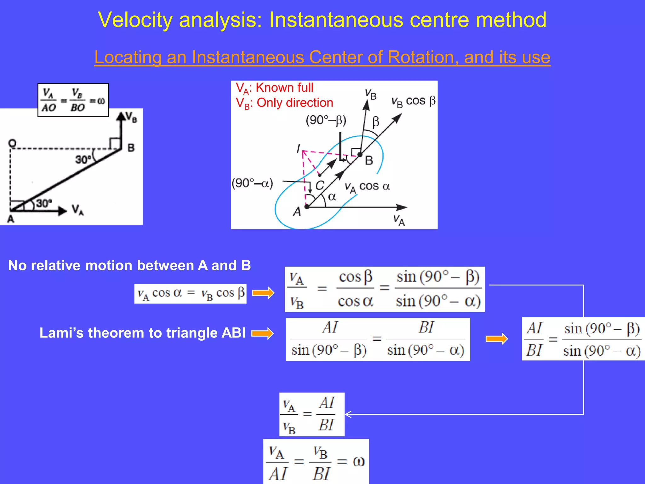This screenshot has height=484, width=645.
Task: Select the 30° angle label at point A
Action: click(44, 203)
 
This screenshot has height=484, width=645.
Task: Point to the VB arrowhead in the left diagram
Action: click(121, 117)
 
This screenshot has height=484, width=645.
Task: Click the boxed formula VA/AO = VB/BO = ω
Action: click(73, 100)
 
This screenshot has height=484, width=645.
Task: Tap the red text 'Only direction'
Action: click(295, 103)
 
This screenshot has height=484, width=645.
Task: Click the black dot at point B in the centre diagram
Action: click(360, 154)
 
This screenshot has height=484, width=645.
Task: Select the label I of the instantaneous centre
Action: click(298, 148)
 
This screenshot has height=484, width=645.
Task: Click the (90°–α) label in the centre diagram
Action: click(252, 183)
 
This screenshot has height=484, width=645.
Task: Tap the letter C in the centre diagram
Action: click(320, 185)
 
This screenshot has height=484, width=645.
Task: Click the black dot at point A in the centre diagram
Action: click(307, 207)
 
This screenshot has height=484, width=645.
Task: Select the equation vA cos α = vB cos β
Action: click(191, 294)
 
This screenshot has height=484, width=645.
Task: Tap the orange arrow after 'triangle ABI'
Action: click(263, 333)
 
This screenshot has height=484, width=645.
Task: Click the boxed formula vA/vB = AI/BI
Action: click(312, 414)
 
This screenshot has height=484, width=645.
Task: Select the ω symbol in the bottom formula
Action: click(358, 462)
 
